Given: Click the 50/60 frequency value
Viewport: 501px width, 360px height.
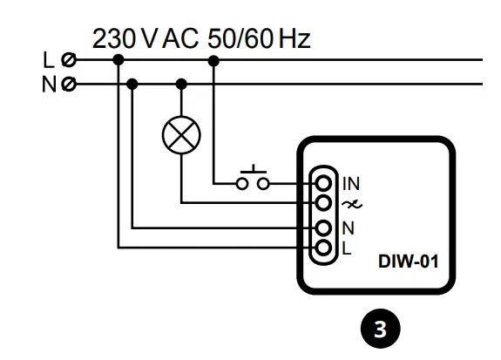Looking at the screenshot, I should pos(236,39).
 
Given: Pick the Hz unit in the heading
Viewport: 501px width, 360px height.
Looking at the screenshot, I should pos(289,39).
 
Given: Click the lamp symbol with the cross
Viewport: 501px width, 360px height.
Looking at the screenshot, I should pos(181,134).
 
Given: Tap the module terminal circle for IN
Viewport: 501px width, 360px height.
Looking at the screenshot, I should pos(323,184).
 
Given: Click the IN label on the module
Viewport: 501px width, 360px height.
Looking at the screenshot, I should pos(349,184).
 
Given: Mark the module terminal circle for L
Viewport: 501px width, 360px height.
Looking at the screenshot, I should pos(323,248).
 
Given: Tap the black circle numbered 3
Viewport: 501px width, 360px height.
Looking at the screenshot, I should pos(380,329).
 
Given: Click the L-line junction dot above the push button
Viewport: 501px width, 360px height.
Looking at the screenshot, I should pos(214,60).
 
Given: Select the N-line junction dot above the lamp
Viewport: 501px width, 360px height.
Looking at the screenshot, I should pos(181,85).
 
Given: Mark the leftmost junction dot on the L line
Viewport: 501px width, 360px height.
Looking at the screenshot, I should pos(118,60).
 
